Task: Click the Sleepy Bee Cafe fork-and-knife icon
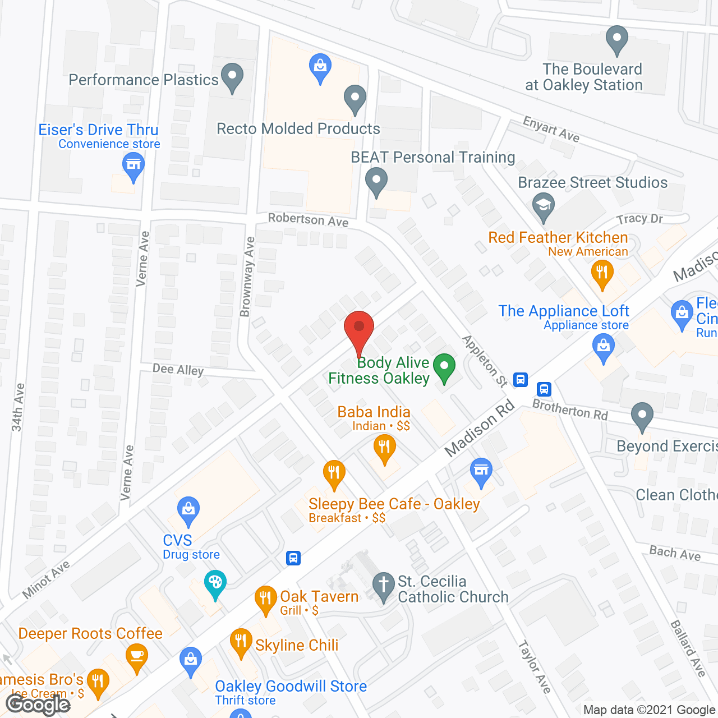(x=334, y=474)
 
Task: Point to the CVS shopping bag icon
(x=188, y=510)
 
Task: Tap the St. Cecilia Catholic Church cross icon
(x=384, y=586)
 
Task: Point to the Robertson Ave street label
(x=308, y=220)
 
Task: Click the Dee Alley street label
(x=178, y=369)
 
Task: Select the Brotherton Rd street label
(x=570, y=409)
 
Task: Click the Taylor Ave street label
(x=534, y=666)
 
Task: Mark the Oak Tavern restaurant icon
(x=265, y=600)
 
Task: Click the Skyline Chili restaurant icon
(x=241, y=642)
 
